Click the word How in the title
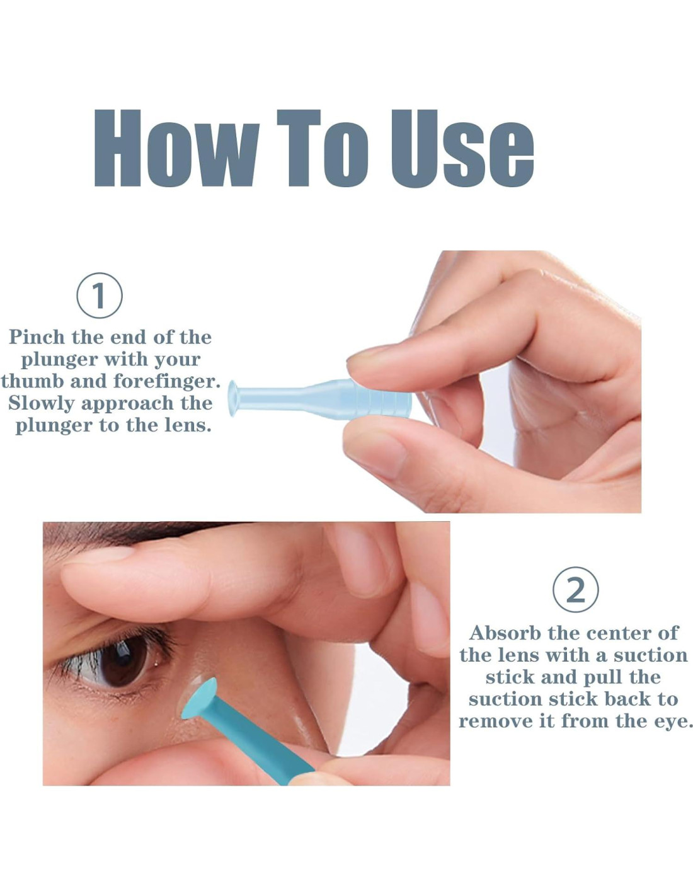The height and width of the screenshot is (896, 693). (x=176, y=149)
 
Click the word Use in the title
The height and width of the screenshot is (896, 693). (x=462, y=149)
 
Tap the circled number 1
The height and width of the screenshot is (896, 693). (x=100, y=296)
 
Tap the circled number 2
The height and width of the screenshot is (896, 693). (x=576, y=590)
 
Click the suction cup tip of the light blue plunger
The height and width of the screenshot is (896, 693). (x=233, y=398)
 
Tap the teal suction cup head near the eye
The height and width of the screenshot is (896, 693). (x=200, y=698)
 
